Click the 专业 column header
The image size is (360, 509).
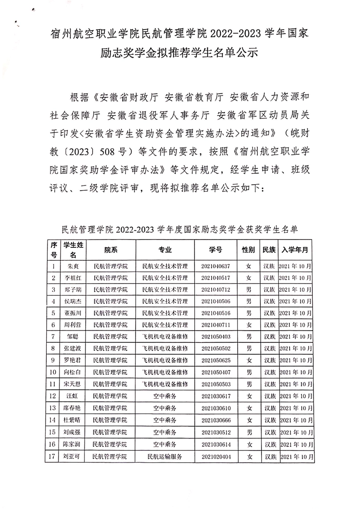[x=165, y=250]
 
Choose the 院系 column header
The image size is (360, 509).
[x=111, y=250]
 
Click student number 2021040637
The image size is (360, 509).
[x=216, y=266]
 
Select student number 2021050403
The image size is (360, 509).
[x=216, y=337]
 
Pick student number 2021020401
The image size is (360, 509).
[x=216, y=456]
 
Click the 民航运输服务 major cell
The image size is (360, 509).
[x=165, y=456]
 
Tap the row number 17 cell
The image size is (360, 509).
[x=54, y=456]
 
